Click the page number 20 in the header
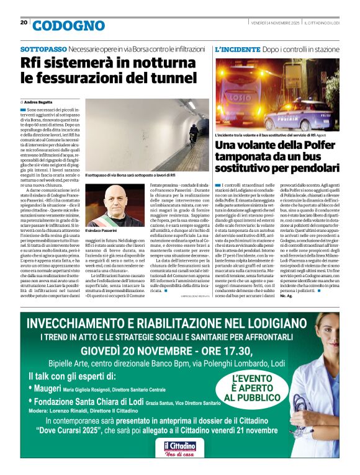click(24, 22)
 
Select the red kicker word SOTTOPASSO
click(43, 48)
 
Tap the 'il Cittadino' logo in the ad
click(179, 446)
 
